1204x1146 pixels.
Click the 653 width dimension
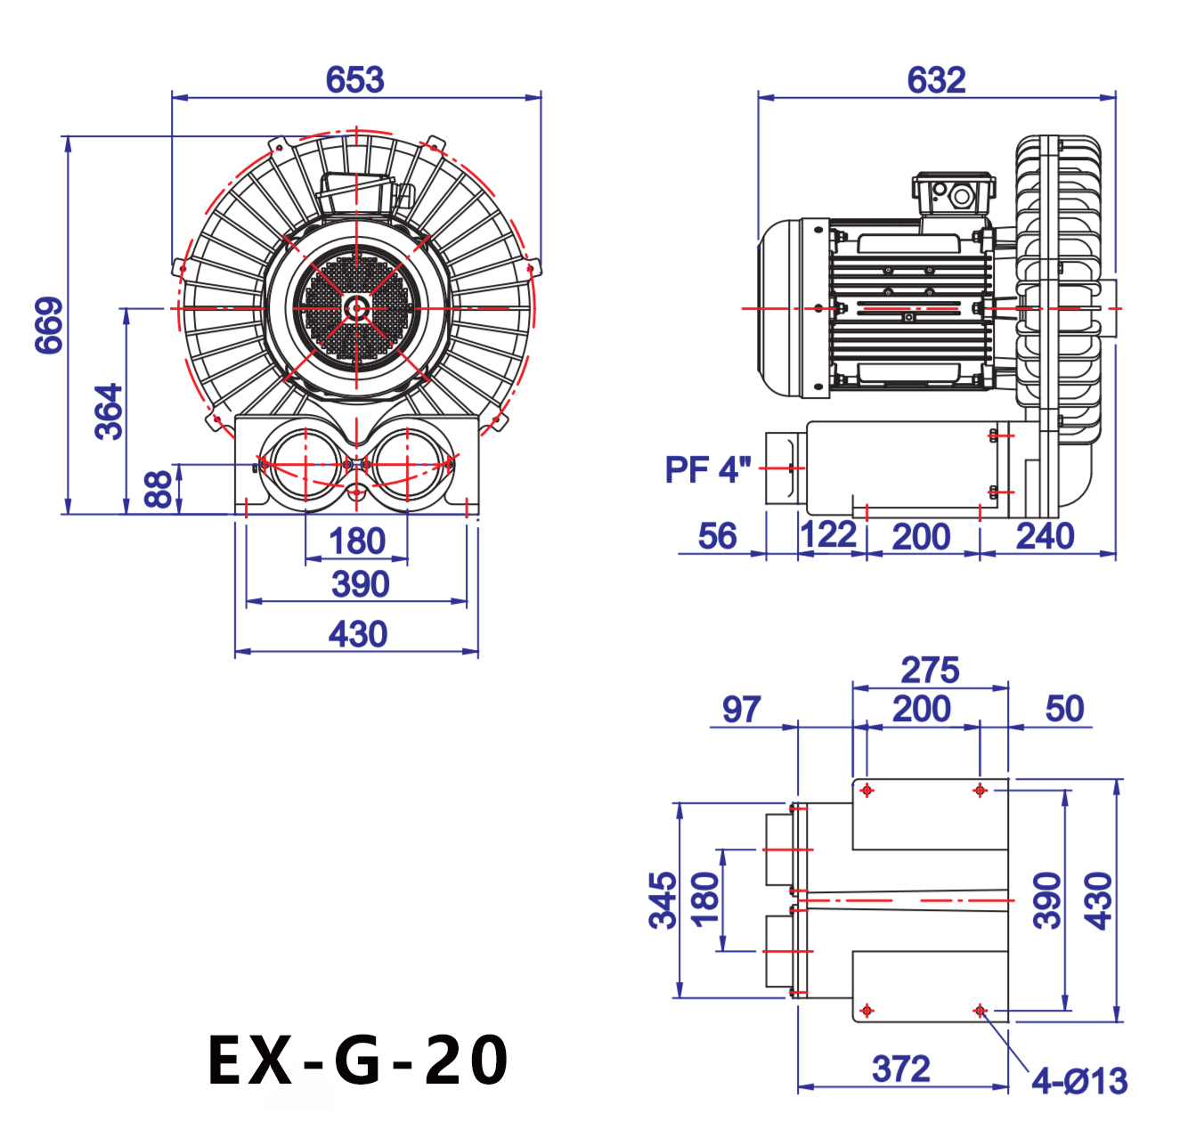(354, 80)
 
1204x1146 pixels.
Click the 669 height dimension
(50, 325)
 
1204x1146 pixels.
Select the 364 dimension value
(109, 411)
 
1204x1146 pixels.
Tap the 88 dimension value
(159, 490)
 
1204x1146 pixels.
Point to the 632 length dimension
(936, 80)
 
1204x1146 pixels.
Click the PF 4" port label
(708, 469)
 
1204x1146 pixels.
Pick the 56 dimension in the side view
(717, 536)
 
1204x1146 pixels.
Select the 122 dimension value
(828, 535)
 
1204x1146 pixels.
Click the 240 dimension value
(1045, 536)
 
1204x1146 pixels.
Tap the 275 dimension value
(930, 670)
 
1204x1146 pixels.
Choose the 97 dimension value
(741, 710)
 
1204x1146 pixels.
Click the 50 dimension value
(1064, 709)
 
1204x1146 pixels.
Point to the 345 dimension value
(663, 900)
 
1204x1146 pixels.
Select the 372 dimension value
(901, 1069)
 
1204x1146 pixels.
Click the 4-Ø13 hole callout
(1079, 1081)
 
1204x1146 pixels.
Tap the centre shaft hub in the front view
(357, 309)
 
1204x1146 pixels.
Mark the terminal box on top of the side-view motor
(953, 193)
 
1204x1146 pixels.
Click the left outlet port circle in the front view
(305, 465)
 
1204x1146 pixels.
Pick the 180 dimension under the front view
(356, 540)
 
